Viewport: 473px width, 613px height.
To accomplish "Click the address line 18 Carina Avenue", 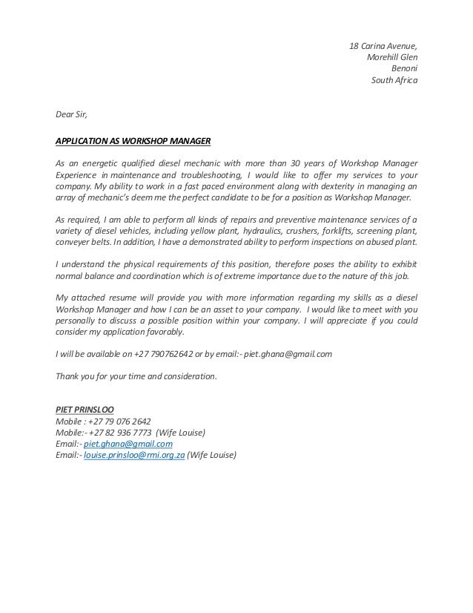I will [383, 47].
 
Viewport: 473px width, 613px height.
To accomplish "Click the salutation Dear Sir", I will [71, 115].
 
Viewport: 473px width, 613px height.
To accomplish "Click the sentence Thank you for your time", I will [136, 376].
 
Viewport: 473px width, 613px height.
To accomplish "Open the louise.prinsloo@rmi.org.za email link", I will [134, 455].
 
